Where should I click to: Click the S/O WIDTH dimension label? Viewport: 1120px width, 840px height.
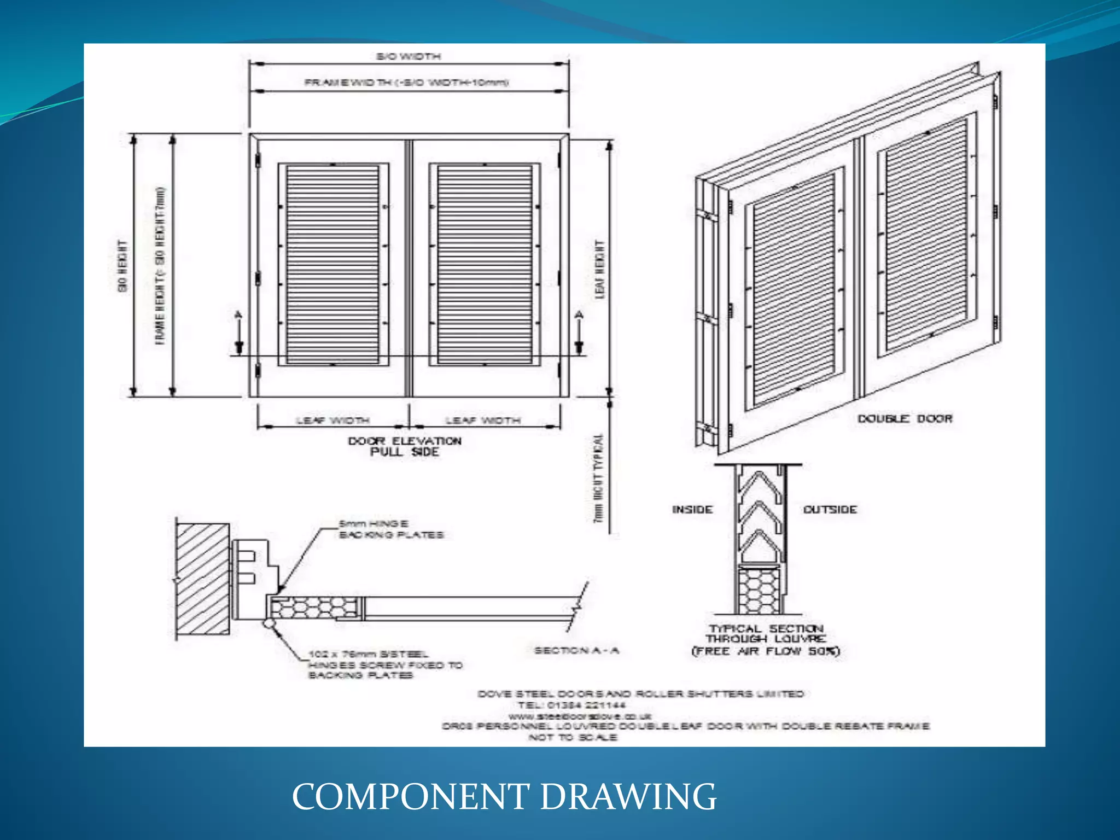[408, 56]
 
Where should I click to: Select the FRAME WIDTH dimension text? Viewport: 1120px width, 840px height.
[406, 83]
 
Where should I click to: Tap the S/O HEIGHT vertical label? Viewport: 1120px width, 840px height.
[123, 266]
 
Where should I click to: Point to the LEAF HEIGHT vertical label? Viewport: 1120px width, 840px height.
[600, 269]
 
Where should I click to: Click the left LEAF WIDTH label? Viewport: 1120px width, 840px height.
[332, 421]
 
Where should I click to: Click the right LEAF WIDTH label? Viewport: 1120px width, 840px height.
[483, 421]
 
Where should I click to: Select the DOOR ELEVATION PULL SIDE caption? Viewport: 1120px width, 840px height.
[405, 446]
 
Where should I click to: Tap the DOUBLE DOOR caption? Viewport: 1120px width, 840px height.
[905, 419]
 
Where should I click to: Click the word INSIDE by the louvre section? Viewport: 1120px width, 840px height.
[692, 510]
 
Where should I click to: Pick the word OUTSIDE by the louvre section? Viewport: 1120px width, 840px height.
[830, 510]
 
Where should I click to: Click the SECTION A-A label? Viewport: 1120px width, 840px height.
[576, 650]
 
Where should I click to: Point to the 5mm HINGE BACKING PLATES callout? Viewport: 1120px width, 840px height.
[391, 529]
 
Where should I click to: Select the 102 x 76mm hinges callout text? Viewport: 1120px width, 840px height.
[385, 664]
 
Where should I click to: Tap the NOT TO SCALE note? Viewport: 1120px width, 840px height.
[573, 737]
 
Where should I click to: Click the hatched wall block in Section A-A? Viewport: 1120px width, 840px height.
[202, 579]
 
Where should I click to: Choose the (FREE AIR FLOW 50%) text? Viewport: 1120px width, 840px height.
[766, 651]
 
